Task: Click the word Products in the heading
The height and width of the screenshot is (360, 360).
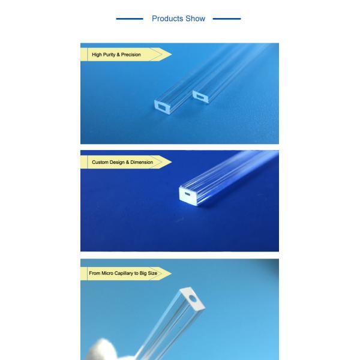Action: [x=167, y=19]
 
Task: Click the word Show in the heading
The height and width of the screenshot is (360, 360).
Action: [x=196, y=19]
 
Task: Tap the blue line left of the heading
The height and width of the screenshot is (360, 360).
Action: [x=130, y=19]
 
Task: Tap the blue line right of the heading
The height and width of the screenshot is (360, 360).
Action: [x=227, y=19]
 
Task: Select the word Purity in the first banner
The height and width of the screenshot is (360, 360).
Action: [x=109, y=55]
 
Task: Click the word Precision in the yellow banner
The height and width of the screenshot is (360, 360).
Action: [x=131, y=55]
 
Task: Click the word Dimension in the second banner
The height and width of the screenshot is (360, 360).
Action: [x=142, y=162]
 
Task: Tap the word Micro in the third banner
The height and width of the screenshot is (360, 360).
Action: [x=107, y=273]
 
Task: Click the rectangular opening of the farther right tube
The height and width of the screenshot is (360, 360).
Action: [x=200, y=97]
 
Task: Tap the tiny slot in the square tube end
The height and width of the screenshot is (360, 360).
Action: [x=188, y=194]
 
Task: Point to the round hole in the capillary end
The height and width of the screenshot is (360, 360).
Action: [x=193, y=298]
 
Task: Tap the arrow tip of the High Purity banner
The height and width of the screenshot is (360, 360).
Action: [x=172, y=55]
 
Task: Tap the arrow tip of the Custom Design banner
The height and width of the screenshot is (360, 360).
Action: [x=172, y=162]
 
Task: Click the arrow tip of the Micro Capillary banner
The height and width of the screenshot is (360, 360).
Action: [x=172, y=273]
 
